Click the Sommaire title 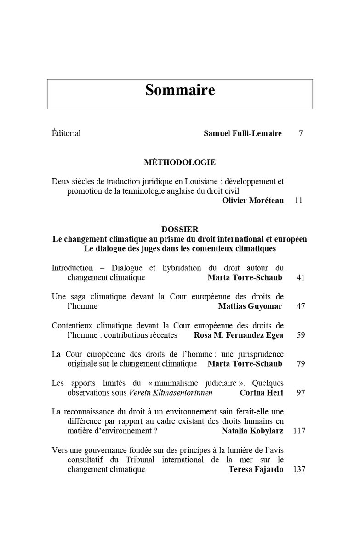pyautogui.click(x=180, y=90)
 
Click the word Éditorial pyautogui.click(x=66, y=133)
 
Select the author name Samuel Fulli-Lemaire pyautogui.click(x=243, y=133)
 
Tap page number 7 pyautogui.click(x=300, y=133)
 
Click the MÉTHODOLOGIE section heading pyautogui.click(x=180, y=162)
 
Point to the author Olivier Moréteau pyautogui.click(x=252, y=201)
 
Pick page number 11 pyautogui.click(x=298, y=201)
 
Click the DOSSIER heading pyautogui.click(x=180, y=229)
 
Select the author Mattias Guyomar pyautogui.click(x=251, y=306)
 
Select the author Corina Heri pyautogui.click(x=262, y=392)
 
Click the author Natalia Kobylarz pyautogui.click(x=252, y=431)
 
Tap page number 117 pyautogui.click(x=299, y=431)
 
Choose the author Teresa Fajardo pyautogui.click(x=256, y=469)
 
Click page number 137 pyautogui.click(x=299, y=469)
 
